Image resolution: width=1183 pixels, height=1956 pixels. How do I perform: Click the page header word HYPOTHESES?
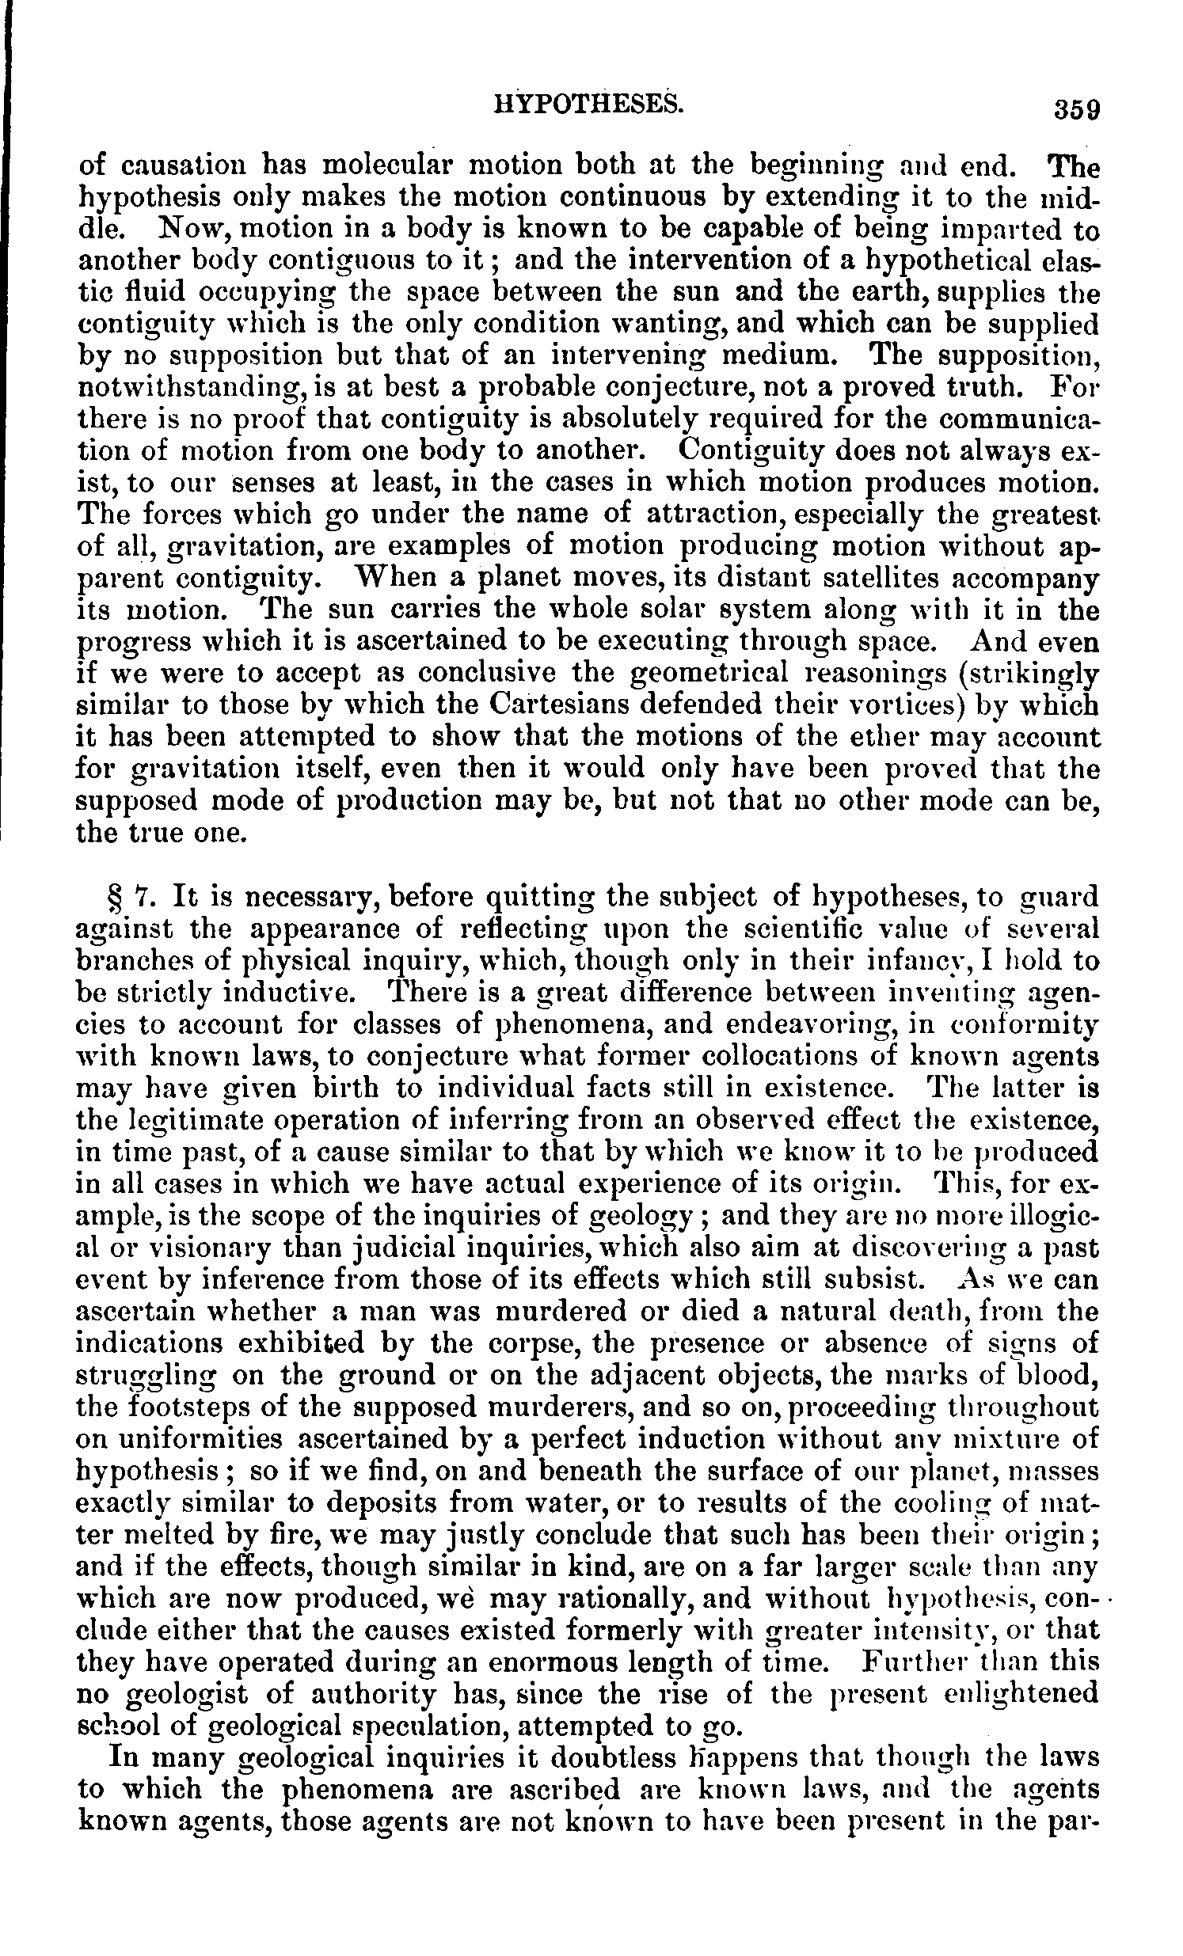point(588,103)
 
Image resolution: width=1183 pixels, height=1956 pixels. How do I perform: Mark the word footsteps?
point(188,1407)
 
